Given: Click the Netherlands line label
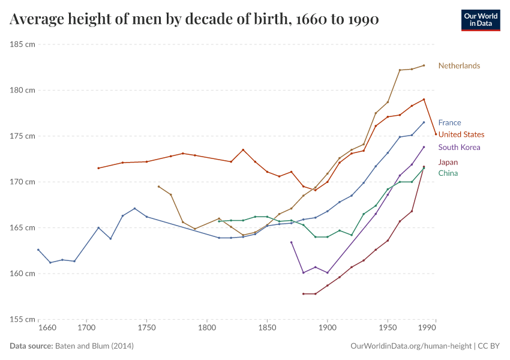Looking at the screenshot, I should [459, 65].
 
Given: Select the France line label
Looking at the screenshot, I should [449, 122].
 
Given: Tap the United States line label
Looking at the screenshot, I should [461, 134].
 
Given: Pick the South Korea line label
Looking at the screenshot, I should [459, 147].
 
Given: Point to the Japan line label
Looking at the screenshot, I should [448, 162].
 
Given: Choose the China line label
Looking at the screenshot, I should [448, 173].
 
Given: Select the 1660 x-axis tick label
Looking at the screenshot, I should [47, 328].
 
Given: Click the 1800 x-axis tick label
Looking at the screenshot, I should [207, 328].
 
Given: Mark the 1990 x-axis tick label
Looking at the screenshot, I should [427, 328].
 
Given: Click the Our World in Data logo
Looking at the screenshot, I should [481, 20].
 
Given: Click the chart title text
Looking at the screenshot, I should [194, 20].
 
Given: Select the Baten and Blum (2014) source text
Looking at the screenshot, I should [94, 346].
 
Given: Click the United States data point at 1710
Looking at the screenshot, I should [98, 168].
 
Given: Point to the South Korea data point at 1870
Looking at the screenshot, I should [291, 242].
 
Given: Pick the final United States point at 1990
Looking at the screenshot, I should [436, 134].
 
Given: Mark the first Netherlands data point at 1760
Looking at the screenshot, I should [158, 187].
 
